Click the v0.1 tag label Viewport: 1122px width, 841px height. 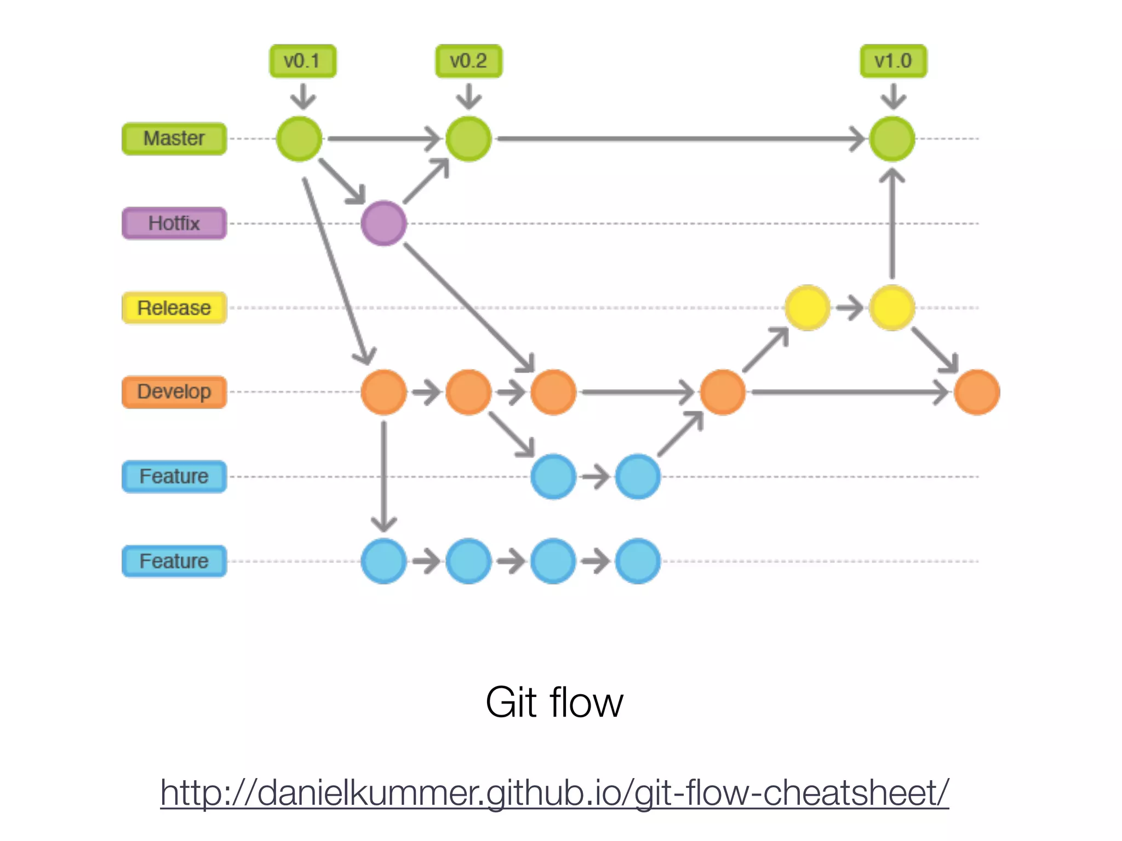tap(302, 61)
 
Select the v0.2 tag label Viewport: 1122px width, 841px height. tap(468, 61)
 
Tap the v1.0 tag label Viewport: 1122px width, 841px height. tap(893, 61)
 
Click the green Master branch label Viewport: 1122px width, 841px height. tap(174, 139)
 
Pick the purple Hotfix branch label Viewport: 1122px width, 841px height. tap(174, 223)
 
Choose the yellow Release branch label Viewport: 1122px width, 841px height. tap(174, 308)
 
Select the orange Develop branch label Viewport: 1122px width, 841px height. tap(174, 392)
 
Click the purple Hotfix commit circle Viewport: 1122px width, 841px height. tap(383, 223)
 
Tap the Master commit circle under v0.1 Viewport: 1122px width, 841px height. tap(299, 139)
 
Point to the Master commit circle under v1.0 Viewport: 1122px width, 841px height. tap(892, 139)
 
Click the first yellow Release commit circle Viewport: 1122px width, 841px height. tap(808, 308)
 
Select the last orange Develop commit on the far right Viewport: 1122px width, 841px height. tap(977, 392)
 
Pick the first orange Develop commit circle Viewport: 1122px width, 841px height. tap(383, 392)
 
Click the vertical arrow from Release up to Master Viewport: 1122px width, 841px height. tap(892, 224)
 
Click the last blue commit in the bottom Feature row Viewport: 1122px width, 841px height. tap(638, 561)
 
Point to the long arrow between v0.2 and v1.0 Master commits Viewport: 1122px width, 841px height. tap(679, 139)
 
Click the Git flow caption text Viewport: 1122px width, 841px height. tap(554, 702)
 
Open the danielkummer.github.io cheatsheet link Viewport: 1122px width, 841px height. tap(554, 792)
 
